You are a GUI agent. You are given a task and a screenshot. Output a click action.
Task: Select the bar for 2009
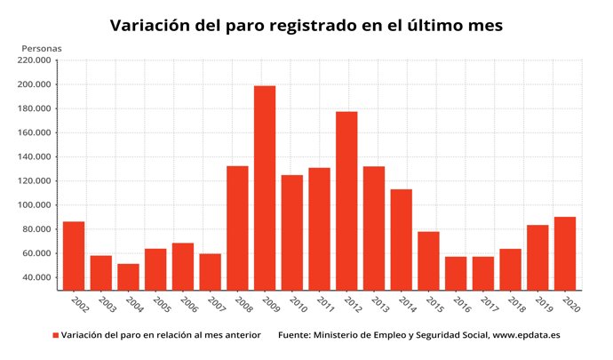tap(265, 188)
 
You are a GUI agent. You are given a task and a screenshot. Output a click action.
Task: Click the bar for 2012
tap(346, 200)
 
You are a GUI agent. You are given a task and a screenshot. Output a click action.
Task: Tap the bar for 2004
tap(128, 276)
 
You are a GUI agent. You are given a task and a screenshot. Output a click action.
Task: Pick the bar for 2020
tap(565, 253)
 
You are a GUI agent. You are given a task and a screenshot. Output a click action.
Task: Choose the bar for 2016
tap(456, 273)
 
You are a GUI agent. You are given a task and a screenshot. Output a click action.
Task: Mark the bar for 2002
tap(74, 255)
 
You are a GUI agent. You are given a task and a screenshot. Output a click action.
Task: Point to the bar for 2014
tap(402, 239)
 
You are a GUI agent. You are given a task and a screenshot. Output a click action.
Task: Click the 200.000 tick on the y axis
tap(33, 85)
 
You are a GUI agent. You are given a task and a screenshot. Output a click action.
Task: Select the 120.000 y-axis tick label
tap(33, 181)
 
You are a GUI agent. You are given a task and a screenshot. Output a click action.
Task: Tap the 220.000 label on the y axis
tap(33, 61)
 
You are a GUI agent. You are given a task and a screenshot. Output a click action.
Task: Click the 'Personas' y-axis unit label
tap(42, 46)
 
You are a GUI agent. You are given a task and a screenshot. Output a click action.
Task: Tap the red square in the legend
tap(55, 336)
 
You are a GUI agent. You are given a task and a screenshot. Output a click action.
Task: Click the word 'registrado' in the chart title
tap(310, 26)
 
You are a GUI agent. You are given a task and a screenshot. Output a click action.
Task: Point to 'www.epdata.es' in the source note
tap(526, 336)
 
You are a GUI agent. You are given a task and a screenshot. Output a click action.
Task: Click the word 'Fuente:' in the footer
tap(296, 336)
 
